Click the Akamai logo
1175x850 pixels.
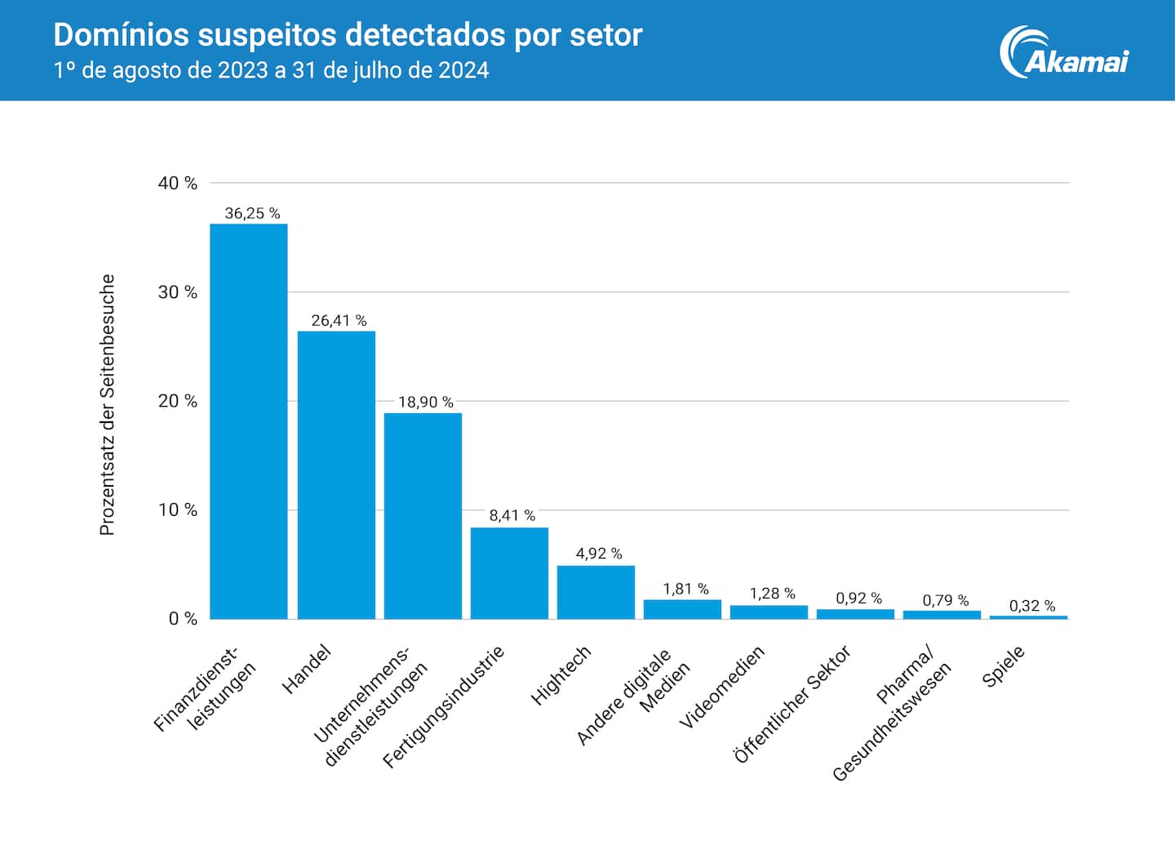pos(1064,51)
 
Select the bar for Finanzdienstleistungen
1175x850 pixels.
pos(249,421)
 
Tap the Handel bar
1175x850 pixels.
pos(336,474)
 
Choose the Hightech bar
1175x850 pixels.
pos(596,592)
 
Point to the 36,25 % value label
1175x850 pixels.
pos(252,213)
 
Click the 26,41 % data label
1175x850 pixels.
pos(339,321)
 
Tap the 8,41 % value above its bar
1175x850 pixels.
pos(512,515)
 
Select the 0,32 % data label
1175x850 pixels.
pos(1031,606)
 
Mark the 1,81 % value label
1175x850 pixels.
pos(685,589)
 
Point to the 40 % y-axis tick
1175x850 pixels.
pos(178,183)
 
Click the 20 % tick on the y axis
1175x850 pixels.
pos(178,401)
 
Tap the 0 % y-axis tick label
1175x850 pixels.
pos(183,619)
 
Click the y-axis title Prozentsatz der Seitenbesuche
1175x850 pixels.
pos(107,405)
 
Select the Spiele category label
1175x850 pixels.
pos(1004,667)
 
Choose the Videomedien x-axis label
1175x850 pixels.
pos(722,687)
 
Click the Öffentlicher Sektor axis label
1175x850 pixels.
pos(791,704)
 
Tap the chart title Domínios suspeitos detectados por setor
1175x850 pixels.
pos(348,35)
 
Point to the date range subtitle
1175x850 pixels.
pos(271,70)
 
